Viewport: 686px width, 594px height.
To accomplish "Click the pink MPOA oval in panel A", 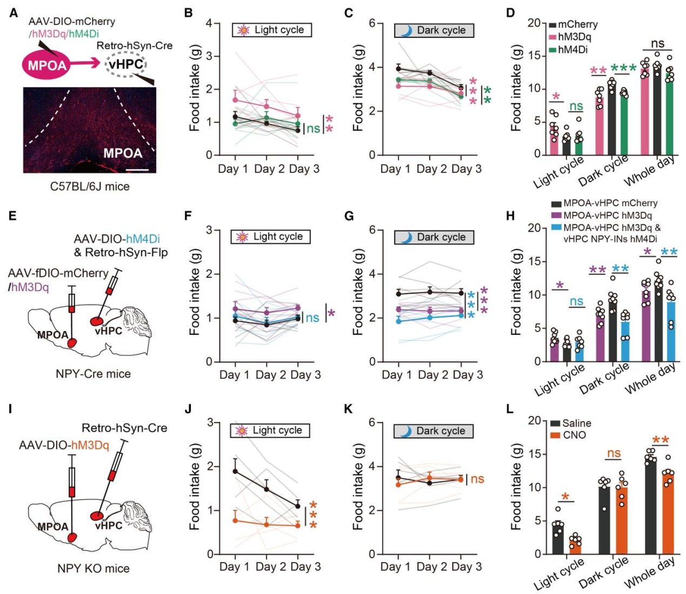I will (48, 66).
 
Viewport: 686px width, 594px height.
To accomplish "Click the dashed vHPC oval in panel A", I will (126, 65).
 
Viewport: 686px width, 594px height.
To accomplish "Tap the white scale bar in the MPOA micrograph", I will (139, 169).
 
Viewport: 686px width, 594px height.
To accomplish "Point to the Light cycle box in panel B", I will (272, 30).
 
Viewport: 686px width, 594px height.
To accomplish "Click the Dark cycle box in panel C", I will (434, 30).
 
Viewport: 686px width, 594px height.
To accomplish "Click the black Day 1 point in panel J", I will (235, 471).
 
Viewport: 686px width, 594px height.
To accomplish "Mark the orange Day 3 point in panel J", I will (298, 526).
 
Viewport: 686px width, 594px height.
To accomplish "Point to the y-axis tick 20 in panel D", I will (534, 23).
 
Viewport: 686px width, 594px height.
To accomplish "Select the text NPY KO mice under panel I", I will (94, 569).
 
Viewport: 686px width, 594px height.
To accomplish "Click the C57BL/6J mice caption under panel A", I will (90, 187).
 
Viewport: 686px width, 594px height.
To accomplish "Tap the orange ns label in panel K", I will (477, 479).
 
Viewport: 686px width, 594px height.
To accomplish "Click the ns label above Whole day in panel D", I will (657, 44).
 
